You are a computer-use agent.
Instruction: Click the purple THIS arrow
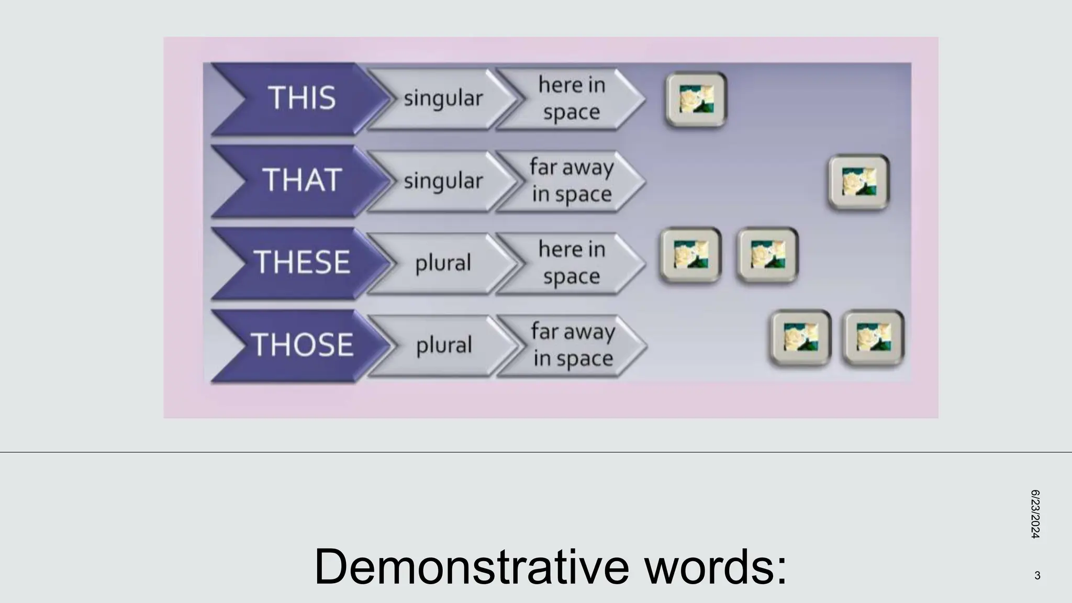point(301,98)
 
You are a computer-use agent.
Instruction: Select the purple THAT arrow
point(301,181)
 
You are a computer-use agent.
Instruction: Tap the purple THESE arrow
point(301,262)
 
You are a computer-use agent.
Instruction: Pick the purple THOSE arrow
point(301,345)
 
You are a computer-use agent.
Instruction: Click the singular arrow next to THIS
point(443,98)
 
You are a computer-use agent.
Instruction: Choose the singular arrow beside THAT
point(443,181)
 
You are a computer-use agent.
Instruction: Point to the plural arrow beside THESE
point(443,263)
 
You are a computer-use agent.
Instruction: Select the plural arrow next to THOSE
point(444,345)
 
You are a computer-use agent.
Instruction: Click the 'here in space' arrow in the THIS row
point(571,98)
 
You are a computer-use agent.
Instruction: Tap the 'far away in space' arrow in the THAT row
point(571,181)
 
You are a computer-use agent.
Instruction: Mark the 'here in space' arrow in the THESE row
point(571,263)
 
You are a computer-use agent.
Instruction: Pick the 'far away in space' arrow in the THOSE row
point(572,345)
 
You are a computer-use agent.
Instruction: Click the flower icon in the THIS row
point(696,99)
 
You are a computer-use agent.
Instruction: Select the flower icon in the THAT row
point(859,182)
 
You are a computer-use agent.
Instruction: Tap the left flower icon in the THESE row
point(690,255)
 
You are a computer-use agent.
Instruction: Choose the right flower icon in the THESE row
point(767,255)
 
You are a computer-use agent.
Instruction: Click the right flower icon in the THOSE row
point(873,338)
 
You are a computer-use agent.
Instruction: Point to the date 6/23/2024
point(1035,514)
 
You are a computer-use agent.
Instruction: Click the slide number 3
point(1037,576)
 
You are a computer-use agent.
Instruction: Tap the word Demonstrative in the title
point(471,566)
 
